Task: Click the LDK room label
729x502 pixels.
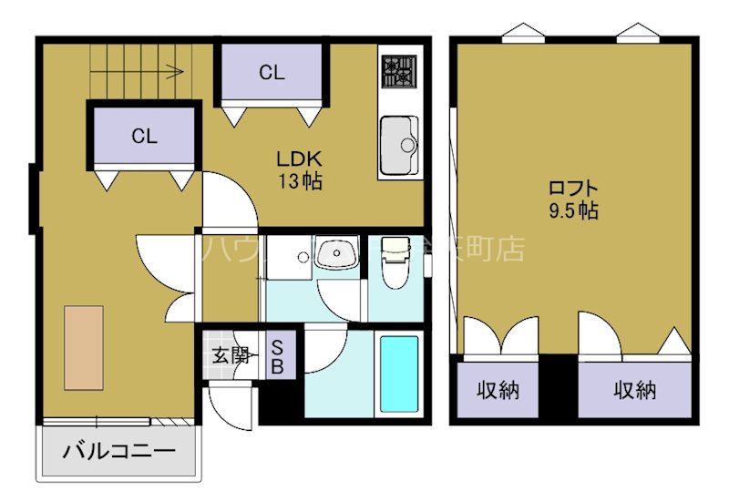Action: pyautogui.click(x=300, y=157)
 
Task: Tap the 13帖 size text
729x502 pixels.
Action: pyautogui.click(x=300, y=180)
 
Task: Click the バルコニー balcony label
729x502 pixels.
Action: pyautogui.click(x=118, y=450)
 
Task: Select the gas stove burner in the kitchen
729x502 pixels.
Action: pyautogui.click(x=398, y=70)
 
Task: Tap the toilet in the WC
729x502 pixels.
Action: pyautogui.click(x=394, y=263)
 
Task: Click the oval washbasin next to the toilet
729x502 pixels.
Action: pyautogui.click(x=338, y=253)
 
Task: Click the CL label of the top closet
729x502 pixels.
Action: pyautogui.click(x=272, y=73)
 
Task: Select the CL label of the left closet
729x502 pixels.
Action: pyautogui.click(x=144, y=137)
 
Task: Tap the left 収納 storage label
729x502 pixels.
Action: pyautogui.click(x=498, y=391)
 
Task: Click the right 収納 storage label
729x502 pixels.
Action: pyautogui.click(x=634, y=391)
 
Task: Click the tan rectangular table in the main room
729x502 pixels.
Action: pyautogui.click(x=84, y=347)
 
